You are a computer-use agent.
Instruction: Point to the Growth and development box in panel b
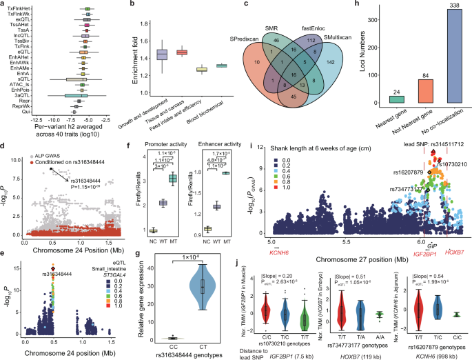(163, 55)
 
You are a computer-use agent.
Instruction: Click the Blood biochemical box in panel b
(222, 66)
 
